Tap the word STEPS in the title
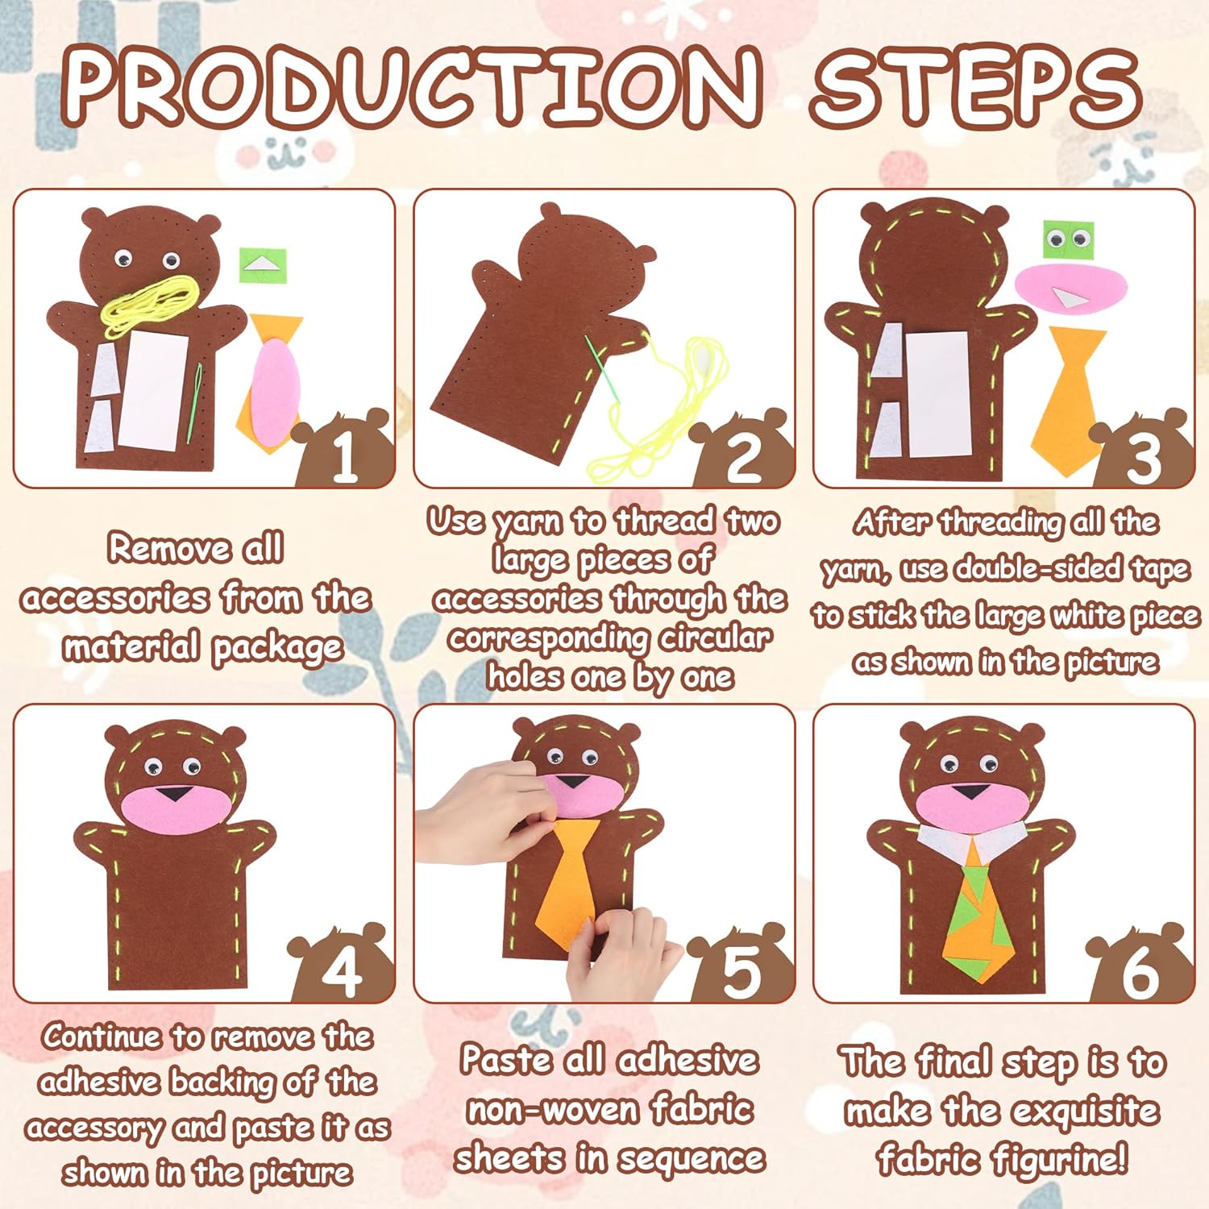tap(976, 86)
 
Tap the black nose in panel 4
tap(170, 793)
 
